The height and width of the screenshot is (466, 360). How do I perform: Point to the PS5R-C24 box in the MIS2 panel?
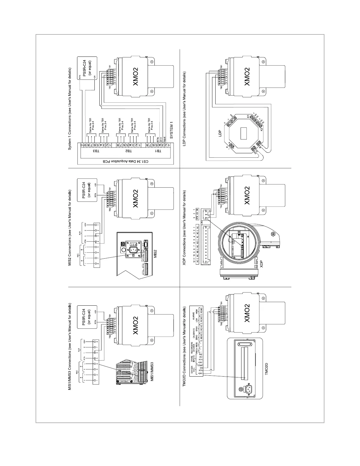coord(87,190)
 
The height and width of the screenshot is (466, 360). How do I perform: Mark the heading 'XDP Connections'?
coord(185,228)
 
